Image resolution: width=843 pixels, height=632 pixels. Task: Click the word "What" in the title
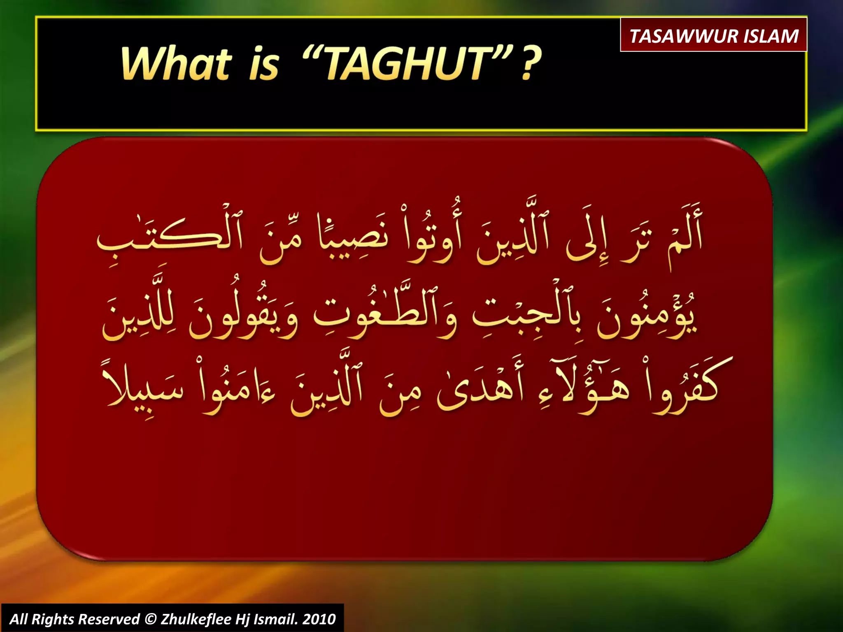(176, 63)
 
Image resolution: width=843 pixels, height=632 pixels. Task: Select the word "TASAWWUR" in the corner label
(683, 36)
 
